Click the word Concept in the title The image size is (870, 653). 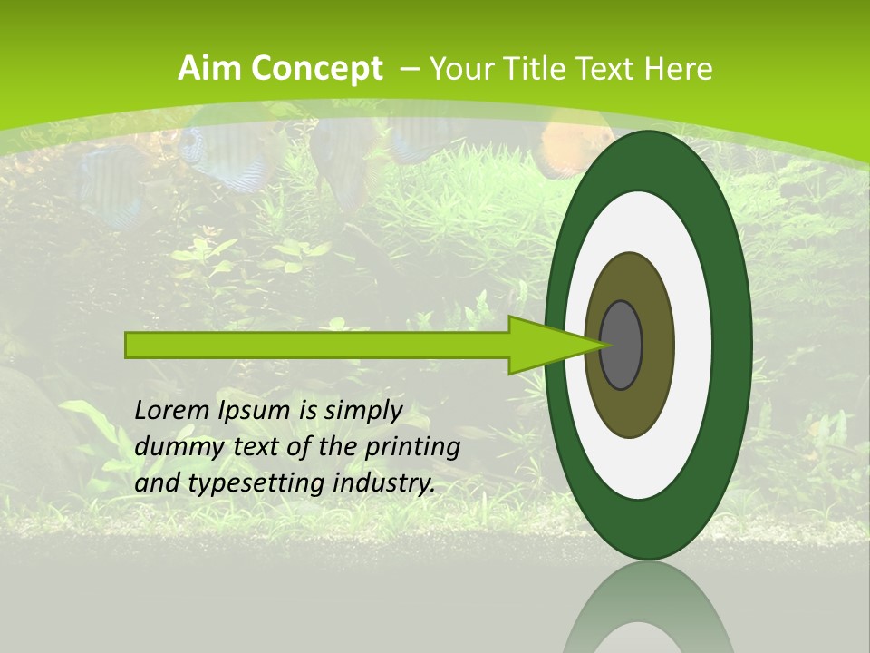pyautogui.click(x=315, y=68)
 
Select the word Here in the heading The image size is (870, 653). pyautogui.click(x=680, y=68)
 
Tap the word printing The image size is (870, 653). pyautogui.click(x=411, y=447)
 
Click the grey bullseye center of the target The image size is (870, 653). pyautogui.click(x=622, y=346)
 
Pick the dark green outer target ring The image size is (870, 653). pyautogui.click(x=732, y=346)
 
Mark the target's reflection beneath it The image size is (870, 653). pyautogui.click(x=649, y=612)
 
